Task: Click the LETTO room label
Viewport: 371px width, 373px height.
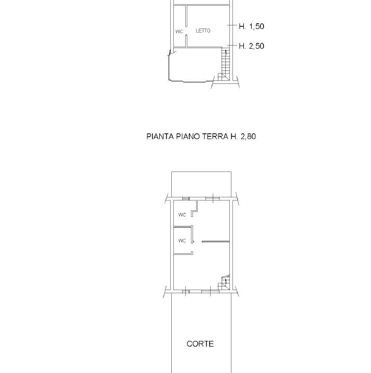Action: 203,31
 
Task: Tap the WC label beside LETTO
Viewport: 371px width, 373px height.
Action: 179,32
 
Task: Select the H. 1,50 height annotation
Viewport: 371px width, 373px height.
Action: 251,26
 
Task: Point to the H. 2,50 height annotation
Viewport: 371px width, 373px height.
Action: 251,46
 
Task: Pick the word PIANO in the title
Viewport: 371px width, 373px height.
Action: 188,137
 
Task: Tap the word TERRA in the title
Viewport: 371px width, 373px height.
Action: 215,137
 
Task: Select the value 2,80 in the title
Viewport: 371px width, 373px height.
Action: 249,137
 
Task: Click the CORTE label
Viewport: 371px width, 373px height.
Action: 200,344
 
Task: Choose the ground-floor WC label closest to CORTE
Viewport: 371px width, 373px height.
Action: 182,241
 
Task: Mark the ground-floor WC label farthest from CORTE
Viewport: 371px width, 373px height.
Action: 182,215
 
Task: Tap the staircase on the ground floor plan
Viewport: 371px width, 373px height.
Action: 224,283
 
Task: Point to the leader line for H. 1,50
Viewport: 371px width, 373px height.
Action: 232,25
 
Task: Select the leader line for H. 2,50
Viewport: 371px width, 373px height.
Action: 232,45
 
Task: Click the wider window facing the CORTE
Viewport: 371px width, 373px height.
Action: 210,291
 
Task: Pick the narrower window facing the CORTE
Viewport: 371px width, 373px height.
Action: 186,291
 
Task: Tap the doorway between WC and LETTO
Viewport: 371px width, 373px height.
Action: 186,31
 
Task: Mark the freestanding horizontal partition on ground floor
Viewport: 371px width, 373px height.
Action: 216,242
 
